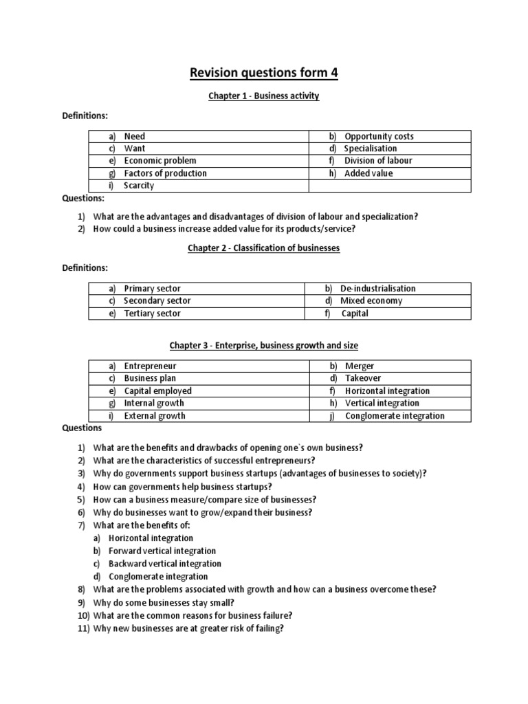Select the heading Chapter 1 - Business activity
coord(264,96)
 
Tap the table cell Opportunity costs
coord(379,136)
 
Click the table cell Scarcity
coord(139,186)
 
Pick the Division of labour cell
coord(378,161)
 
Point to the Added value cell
coord(368,173)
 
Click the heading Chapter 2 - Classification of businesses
coord(264,247)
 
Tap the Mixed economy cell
coord(372,301)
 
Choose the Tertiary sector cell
coord(152,313)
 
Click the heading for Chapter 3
coord(264,345)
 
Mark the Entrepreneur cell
coord(150,366)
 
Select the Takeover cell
coord(363,379)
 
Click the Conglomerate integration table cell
coord(395,416)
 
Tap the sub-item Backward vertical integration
coord(165,564)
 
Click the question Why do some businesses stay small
coord(170,602)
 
